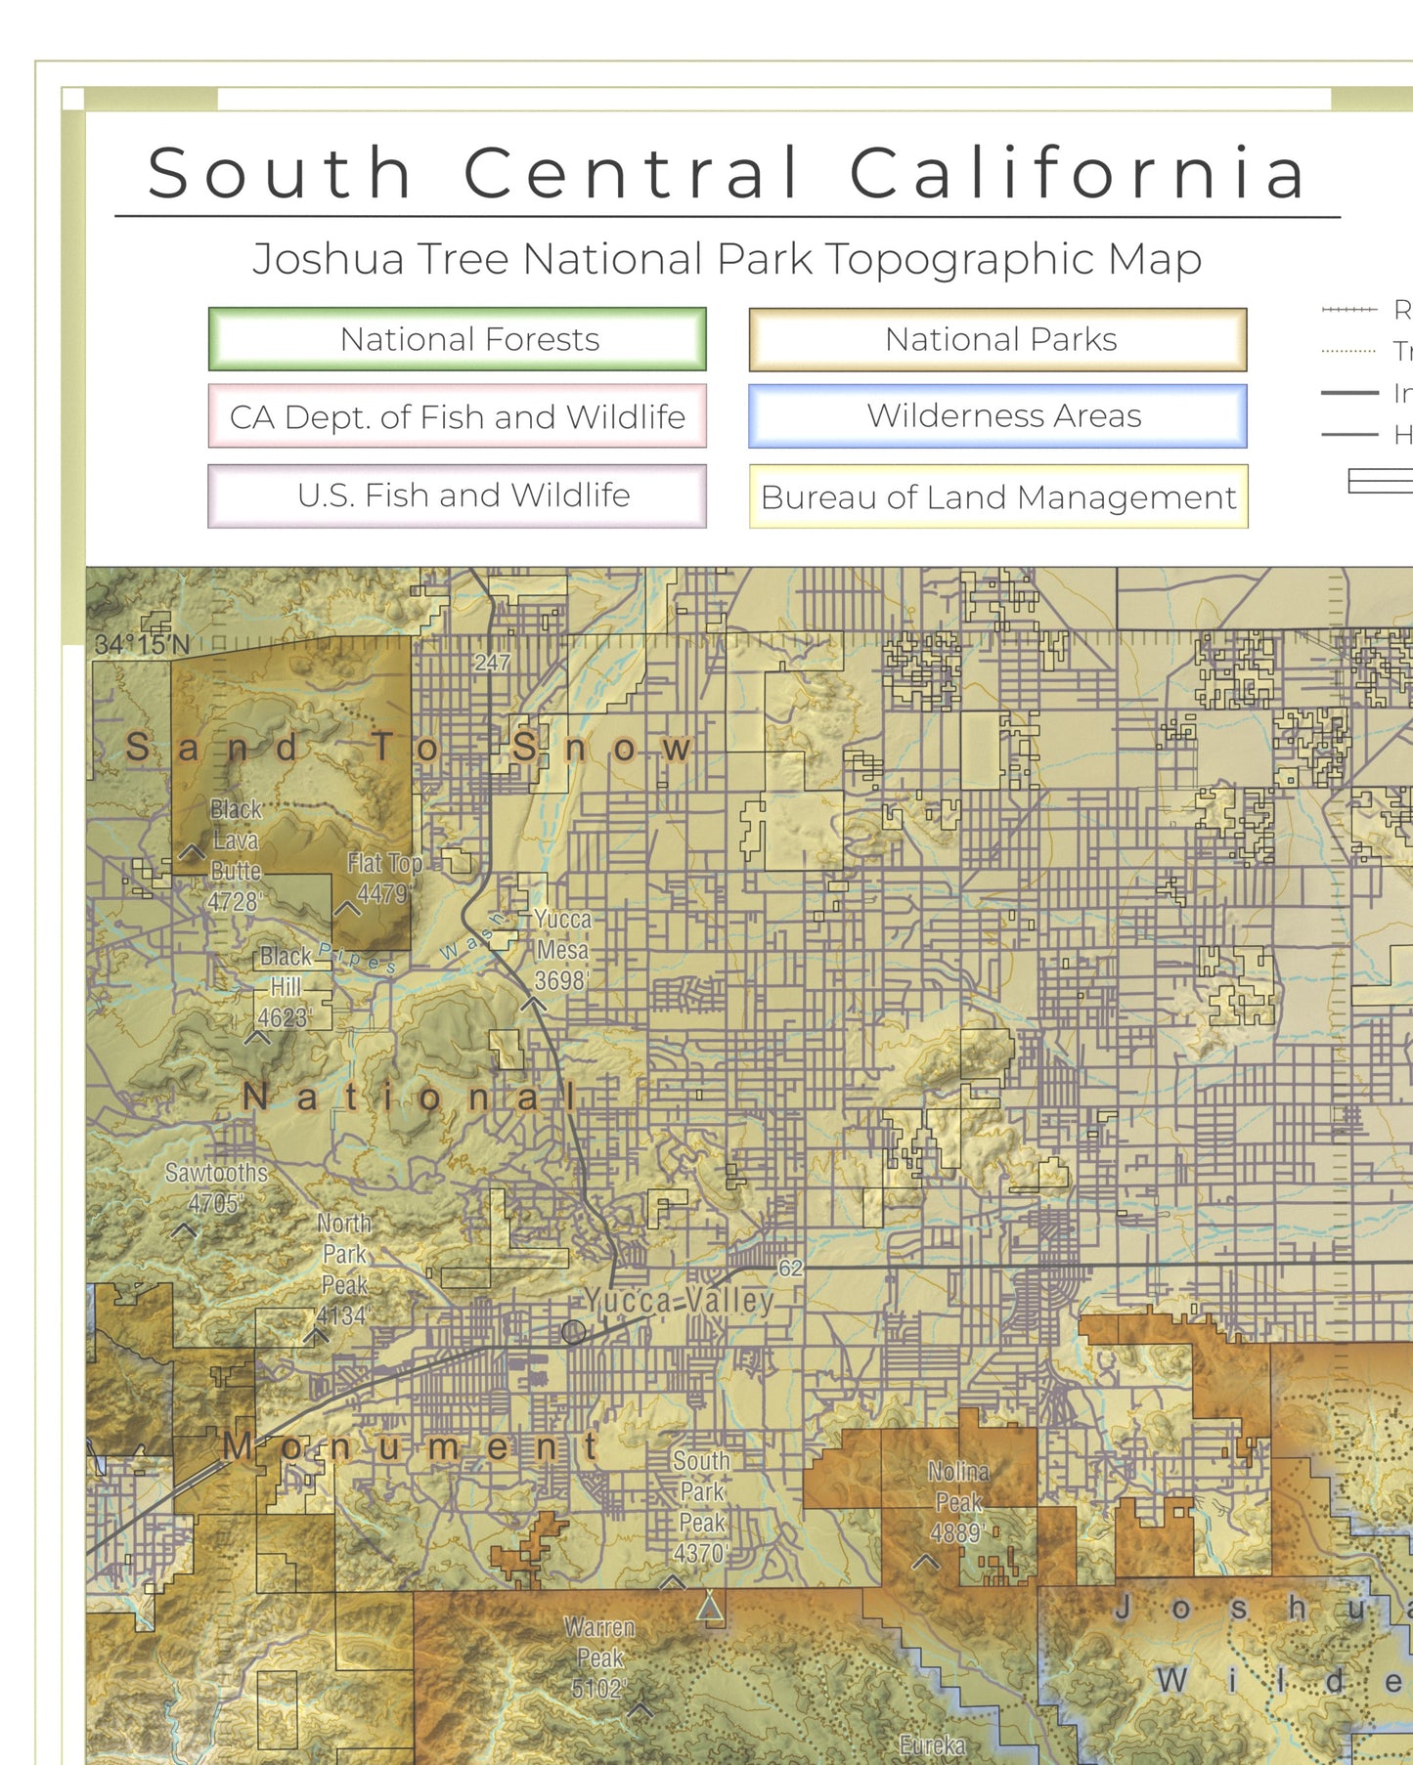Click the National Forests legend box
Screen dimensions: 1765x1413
click(x=457, y=339)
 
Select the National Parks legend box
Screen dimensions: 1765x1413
click(x=997, y=339)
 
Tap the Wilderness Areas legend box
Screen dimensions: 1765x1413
click(x=997, y=416)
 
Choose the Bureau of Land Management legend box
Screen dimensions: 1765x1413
click(x=997, y=496)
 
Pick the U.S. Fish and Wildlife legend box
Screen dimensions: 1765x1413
click(x=457, y=495)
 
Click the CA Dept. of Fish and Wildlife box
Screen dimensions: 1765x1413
click(x=457, y=416)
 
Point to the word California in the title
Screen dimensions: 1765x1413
click(x=1078, y=173)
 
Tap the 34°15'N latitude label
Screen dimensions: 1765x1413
click(x=142, y=645)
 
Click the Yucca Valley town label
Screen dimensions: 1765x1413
click(x=679, y=1301)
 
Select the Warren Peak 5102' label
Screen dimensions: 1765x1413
click(x=598, y=1658)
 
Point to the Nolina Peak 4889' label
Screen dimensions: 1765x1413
click(x=957, y=1502)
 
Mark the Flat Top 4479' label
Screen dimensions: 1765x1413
click(x=383, y=878)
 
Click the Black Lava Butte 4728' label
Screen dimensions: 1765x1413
click(x=236, y=855)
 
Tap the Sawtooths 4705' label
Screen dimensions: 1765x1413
click(x=215, y=1187)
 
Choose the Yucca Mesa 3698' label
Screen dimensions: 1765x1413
click(x=561, y=949)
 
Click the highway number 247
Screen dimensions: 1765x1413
click(x=492, y=663)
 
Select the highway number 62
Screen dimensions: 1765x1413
click(x=790, y=1269)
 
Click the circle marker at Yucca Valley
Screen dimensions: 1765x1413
click(x=573, y=1332)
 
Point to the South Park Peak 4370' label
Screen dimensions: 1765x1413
click(x=701, y=1506)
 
